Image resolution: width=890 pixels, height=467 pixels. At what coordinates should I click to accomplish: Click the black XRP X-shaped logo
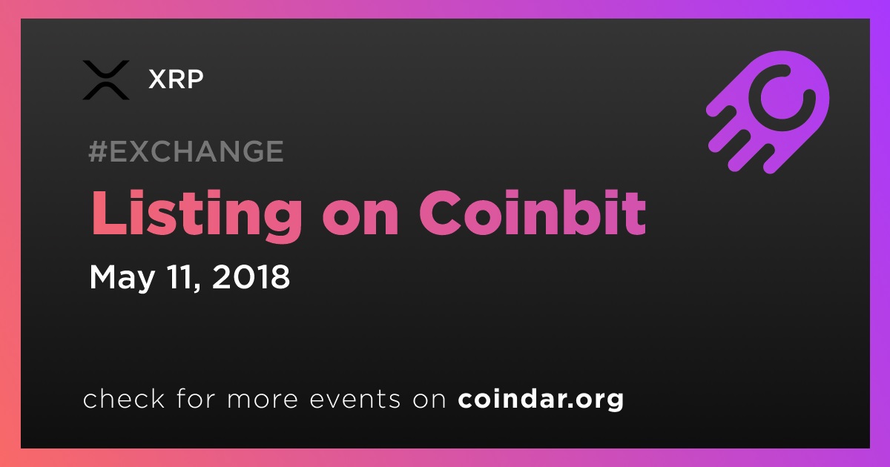[x=105, y=80]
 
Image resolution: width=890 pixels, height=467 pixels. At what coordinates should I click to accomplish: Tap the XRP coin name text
[x=176, y=79]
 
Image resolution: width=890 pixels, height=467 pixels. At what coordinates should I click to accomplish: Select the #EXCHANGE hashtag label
[x=186, y=151]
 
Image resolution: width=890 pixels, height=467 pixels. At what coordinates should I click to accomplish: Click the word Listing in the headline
[x=197, y=213]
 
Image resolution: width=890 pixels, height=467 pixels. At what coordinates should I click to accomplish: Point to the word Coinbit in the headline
[x=533, y=213]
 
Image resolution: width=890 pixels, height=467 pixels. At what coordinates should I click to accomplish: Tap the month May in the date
[x=122, y=277]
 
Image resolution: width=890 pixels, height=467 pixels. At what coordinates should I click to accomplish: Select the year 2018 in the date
[x=251, y=276]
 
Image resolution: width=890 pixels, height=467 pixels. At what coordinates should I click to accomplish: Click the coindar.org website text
[x=541, y=399]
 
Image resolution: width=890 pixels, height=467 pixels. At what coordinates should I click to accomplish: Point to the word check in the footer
[x=124, y=398]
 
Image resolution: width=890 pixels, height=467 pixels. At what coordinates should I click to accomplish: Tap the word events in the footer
[x=355, y=399]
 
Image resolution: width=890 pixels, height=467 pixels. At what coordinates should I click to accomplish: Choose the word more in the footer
[x=263, y=400]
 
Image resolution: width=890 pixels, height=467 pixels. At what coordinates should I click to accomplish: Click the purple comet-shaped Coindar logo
[x=768, y=113]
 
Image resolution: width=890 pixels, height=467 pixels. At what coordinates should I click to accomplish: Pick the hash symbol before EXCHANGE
[x=97, y=151]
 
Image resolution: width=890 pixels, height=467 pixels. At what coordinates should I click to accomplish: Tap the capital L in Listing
[x=108, y=213]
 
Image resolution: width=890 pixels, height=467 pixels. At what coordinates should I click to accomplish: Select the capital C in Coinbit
[x=442, y=213]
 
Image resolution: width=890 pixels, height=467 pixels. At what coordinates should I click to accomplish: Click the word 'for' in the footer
[x=196, y=398]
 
